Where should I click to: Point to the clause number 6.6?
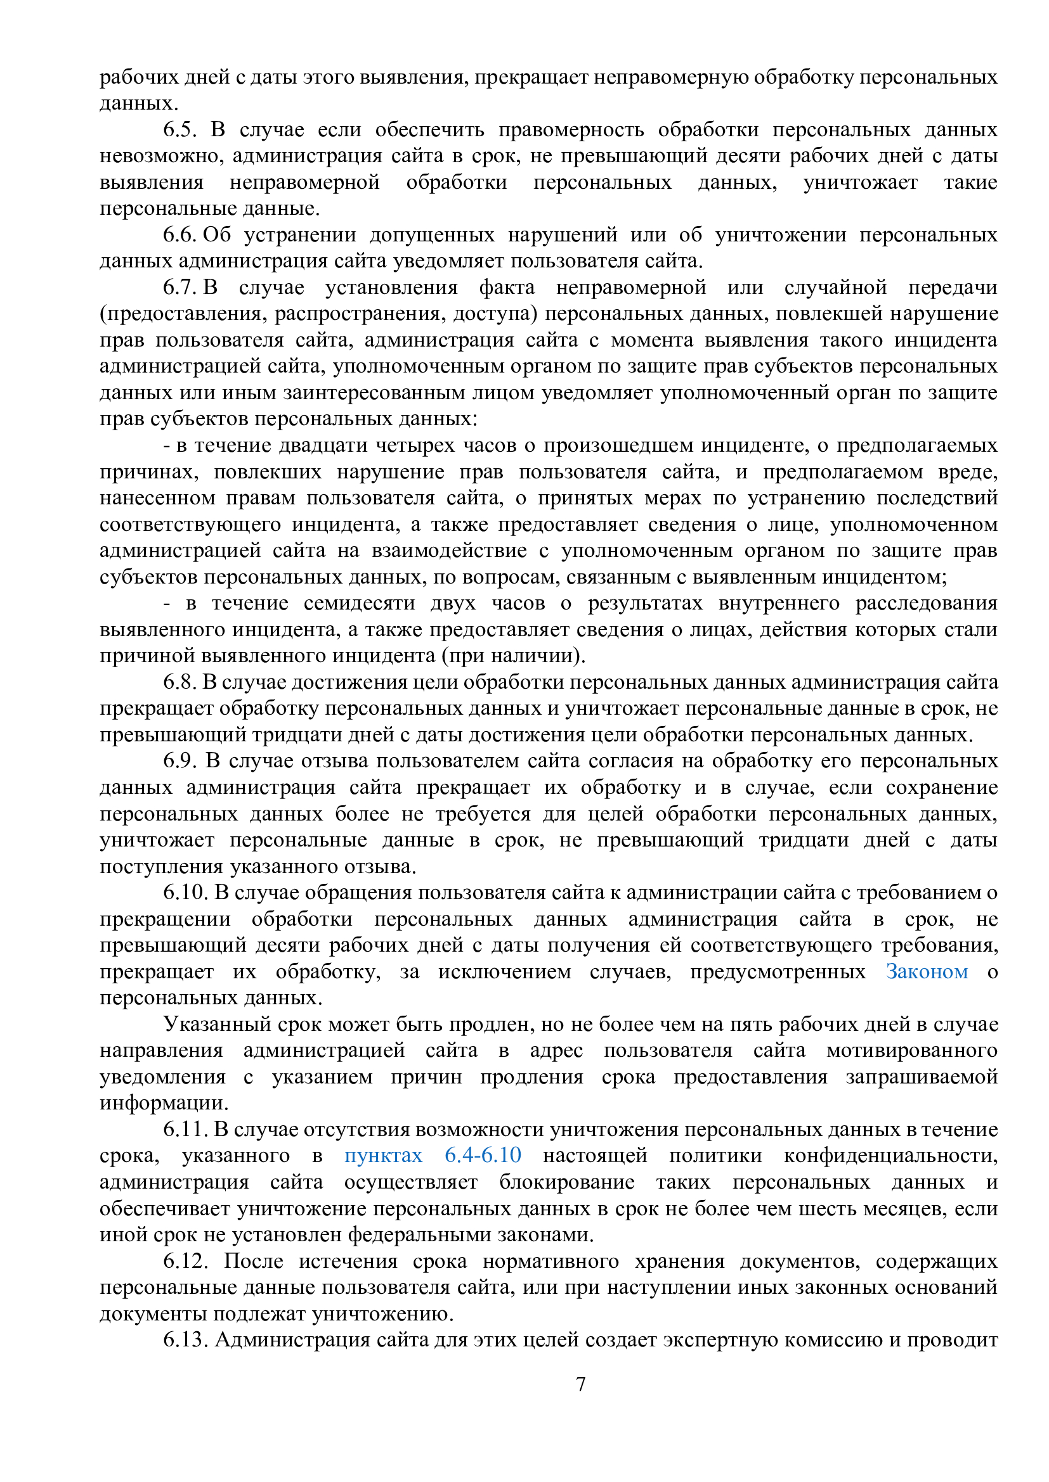(x=179, y=235)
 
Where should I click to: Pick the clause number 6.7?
(x=179, y=287)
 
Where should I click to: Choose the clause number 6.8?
(x=179, y=682)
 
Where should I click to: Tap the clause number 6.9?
(x=179, y=760)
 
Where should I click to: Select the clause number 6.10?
(x=184, y=893)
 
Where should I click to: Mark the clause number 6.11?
(x=184, y=1129)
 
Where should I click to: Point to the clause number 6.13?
(x=184, y=1340)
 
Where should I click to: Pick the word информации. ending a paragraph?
(x=164, y=1102)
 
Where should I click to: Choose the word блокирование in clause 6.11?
(x=566, y=1182)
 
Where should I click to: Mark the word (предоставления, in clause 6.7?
(x=184, y=314)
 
